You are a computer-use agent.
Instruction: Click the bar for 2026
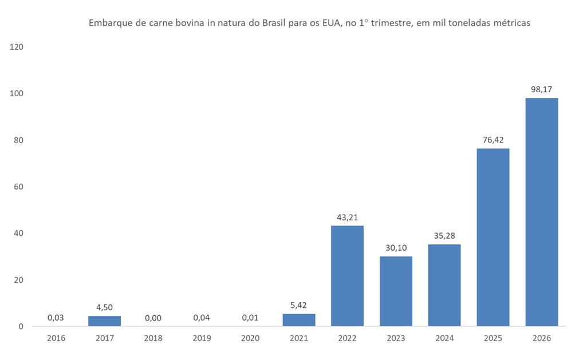point(541,212)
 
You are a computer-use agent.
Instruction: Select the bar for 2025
point(493,237)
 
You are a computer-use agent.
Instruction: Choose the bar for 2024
point(444,285)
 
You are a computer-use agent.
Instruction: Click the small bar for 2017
point(104,321)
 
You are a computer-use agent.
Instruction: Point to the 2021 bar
point(298,320)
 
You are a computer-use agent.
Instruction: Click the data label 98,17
point(541,89)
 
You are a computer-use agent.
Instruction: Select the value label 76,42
point(493,140)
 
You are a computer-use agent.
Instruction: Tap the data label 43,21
point(347,217)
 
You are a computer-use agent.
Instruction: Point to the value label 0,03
point(56,317)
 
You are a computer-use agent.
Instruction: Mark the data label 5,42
point(298,305)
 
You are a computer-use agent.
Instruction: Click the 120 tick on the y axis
point(17,47)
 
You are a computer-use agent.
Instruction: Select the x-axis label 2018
point(153,338)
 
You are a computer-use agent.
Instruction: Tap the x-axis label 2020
point(250,338)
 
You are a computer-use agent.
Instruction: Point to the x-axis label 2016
point(56,338)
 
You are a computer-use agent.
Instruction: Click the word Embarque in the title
point(108,24)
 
